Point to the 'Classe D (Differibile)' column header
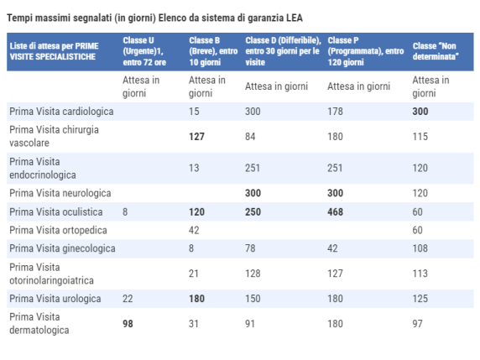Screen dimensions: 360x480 [282, 50]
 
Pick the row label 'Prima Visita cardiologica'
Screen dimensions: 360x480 [61, 112]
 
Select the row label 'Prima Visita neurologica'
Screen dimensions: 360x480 [59, 193]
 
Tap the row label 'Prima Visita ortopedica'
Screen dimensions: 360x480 [58, 230]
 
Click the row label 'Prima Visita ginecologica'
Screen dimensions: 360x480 [62, 248]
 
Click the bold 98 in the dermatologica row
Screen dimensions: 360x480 [128, 324]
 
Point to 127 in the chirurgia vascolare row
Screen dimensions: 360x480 [198, 136]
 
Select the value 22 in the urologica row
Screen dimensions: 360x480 [128, 299]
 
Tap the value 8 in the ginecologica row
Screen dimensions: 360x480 [192, 248]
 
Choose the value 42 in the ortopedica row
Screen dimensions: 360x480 [195, 230]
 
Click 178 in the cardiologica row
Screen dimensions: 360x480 [336, 112]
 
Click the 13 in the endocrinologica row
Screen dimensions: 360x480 [195, 169]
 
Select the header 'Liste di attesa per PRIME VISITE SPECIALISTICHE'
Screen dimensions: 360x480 [57, 50]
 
